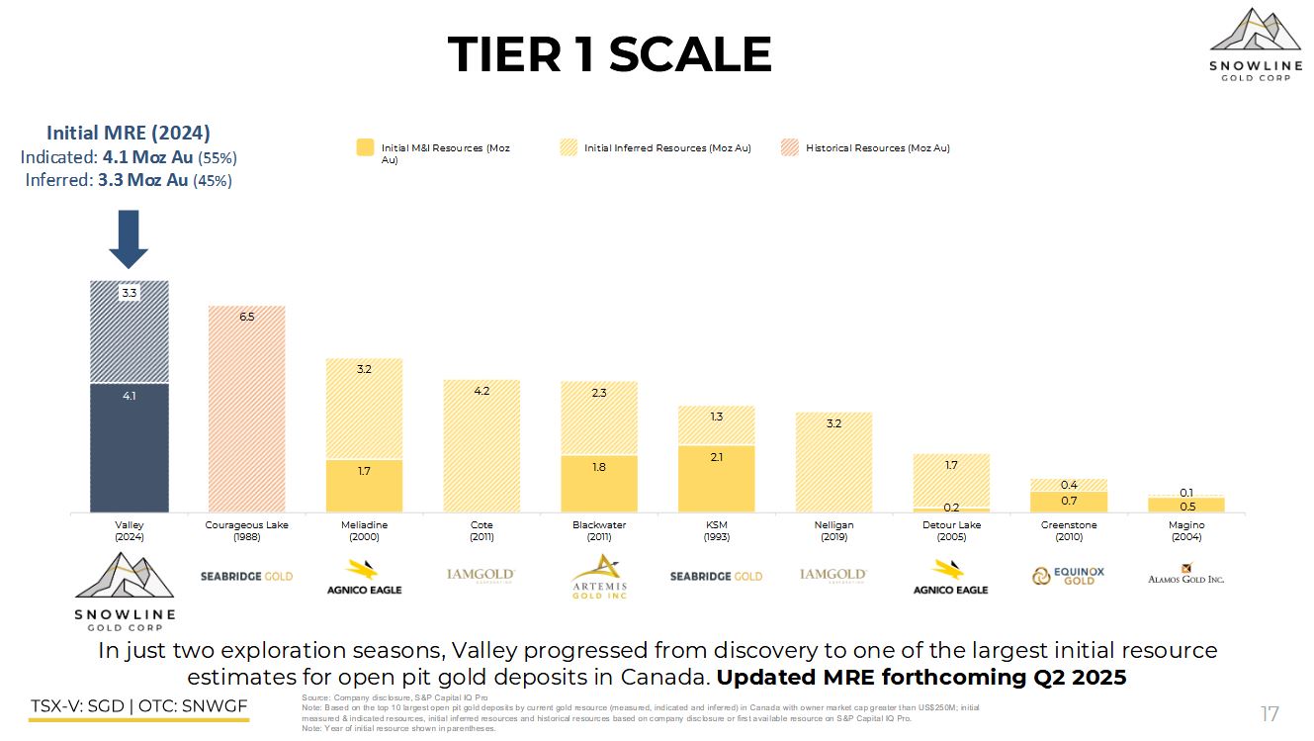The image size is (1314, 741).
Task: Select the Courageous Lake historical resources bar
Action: (246, 416)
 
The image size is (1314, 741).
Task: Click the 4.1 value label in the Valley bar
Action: (129, 396)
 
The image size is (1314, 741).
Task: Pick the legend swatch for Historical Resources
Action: (789, 148)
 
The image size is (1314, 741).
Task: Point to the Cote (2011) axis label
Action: (482, 530)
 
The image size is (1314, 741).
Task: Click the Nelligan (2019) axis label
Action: (833, 530)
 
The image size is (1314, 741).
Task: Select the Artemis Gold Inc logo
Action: (599, 576)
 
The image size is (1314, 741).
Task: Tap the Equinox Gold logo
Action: (1068, 576)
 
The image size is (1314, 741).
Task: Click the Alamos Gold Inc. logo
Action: (1185, 575)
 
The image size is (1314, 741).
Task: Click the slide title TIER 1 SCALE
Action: (609, 54)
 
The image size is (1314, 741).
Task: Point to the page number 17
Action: (1270, 714)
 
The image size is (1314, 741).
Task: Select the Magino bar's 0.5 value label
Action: (1186, 506)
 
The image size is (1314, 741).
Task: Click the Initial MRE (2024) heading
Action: (129, 133)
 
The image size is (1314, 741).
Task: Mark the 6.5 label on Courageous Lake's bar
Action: (246, 317)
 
